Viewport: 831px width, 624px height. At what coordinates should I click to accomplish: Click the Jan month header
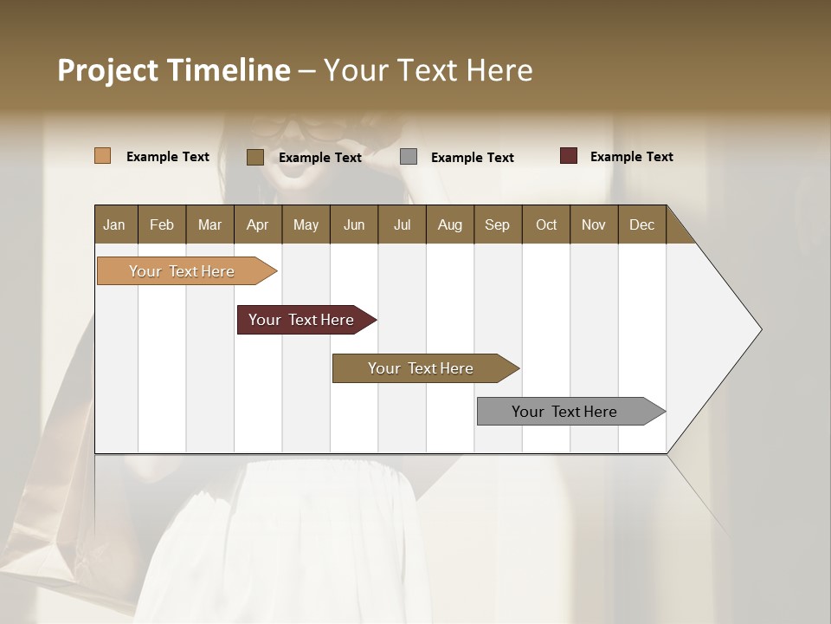click(114, 224)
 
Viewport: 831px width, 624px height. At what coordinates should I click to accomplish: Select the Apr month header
click(257, 224)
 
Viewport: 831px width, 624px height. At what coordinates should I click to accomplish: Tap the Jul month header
click(402, 224)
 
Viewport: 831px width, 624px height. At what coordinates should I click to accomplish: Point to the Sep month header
click(497, 224)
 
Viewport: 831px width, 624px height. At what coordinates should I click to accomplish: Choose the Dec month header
click(641, 224)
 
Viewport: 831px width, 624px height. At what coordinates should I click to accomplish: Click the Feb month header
click(162, 224)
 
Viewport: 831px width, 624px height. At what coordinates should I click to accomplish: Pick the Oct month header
click(546, 224)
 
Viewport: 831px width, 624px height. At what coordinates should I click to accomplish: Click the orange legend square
click(103, 156)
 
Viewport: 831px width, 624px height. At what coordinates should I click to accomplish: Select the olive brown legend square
click(255, 157)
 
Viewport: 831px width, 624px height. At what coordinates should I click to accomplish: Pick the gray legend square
click(409, 157)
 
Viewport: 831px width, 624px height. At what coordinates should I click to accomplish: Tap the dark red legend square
click(569, 156)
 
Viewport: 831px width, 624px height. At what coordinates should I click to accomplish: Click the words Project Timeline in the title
click(174, 70)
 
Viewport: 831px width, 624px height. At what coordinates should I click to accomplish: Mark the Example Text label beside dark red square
click(631, 157)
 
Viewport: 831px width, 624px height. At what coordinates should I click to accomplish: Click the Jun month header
click(354, 224)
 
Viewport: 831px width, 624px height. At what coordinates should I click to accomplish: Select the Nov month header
click(594, 224)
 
